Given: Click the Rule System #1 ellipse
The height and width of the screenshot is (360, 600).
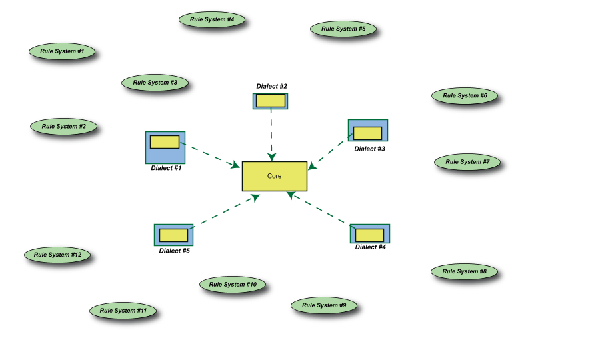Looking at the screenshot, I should pyautogui.click(x=62, y=51).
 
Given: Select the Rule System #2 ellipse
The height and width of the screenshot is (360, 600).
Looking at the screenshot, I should pyautogui.click(x=64, y=126).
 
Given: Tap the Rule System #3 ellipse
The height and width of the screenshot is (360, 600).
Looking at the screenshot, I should pyautogui.click(x=155, y=83).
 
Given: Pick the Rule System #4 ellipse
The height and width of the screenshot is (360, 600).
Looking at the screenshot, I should pyautogui.click(x=212, y=19).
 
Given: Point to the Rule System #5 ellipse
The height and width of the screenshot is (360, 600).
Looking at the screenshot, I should pyautogui.click(x=343, y=29).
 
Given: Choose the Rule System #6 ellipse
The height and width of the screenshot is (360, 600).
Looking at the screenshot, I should pyautogui.click(x=465, y=95).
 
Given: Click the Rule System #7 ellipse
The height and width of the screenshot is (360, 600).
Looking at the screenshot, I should pyautogui.click(x=467, y=162).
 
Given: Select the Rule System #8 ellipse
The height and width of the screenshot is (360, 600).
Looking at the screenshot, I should pyautogui.click(x=464, y=271).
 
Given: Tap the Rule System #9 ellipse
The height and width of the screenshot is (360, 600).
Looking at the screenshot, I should pyautogui.click(x=324, y=305).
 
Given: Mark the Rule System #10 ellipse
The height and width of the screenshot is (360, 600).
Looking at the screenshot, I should pyautogui.click(x=233, y=285).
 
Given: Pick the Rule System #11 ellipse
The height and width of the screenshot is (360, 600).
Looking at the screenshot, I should pyautogui.click(x=123, y=310).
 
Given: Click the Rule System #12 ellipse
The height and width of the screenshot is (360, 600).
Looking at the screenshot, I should pyautogui.click(x=57, y=255).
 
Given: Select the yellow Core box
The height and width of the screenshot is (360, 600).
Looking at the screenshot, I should pyautogui.click(x=275, y=176).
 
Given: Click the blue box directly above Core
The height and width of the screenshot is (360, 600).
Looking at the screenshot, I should pyautogui.click(x=271, y=101).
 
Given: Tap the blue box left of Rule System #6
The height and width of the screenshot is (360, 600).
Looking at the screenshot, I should pyautogui.click(x=368, y=131).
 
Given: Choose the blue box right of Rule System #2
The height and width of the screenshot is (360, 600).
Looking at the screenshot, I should pyautogui.click(x=165, y=147).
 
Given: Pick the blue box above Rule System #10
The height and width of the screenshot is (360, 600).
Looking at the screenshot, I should pyautogui.click(x=173, y=235).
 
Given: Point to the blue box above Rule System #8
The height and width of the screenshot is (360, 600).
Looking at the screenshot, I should pyautogui.click(x=370, y=234).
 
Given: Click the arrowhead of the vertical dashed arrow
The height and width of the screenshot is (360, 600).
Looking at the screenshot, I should pyautogui.click(x=271, y=157).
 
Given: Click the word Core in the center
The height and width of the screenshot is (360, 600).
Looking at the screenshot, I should pyautogui.click(x=275, y=176).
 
